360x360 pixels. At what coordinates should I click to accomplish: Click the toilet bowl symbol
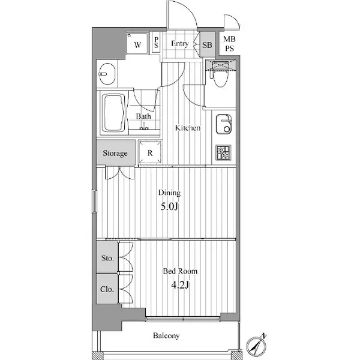(220, 77)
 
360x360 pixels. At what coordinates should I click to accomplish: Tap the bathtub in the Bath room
(113, 113)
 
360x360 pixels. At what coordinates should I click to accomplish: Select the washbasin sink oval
(107, 74)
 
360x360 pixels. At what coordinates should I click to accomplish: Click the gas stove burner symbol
(223, 152)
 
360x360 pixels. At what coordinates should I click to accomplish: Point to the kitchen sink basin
(224, 124)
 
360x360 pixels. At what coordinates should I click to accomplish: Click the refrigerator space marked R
(150, 152)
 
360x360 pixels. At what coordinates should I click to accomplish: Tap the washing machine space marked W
(137, 43)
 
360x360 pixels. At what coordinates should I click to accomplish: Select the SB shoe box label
(207, 45)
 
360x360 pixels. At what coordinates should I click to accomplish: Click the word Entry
(180, 44)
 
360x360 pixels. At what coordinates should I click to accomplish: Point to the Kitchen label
(188, 128)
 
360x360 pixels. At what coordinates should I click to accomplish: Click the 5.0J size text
(169, 206)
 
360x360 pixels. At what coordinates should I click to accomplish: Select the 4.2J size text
(180, 285)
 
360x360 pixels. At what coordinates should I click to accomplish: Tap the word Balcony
(166, 335)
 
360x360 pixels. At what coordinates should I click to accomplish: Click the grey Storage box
(116, 152)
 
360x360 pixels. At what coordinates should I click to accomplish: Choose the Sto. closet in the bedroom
(107, 257)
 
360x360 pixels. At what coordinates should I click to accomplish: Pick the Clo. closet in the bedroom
(107, 289)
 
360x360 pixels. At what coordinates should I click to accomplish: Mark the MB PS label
(229, 44)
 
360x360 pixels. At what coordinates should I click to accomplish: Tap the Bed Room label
(180, 271)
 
